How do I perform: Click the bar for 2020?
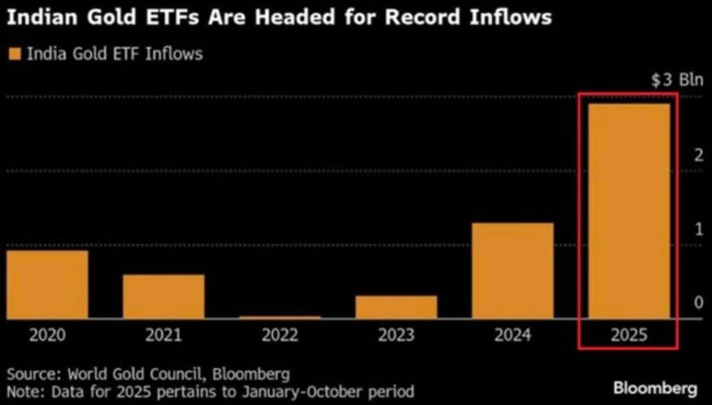[47, 285]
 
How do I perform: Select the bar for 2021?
[164, 296]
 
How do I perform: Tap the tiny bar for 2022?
[280, 317]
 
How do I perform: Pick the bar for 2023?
[396, 307]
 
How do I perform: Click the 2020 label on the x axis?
[47, 336]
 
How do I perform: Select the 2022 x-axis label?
[280, 336]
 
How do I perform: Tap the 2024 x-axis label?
[513, 336]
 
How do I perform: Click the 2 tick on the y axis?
[698, 155]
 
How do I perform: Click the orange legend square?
[15, 55]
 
